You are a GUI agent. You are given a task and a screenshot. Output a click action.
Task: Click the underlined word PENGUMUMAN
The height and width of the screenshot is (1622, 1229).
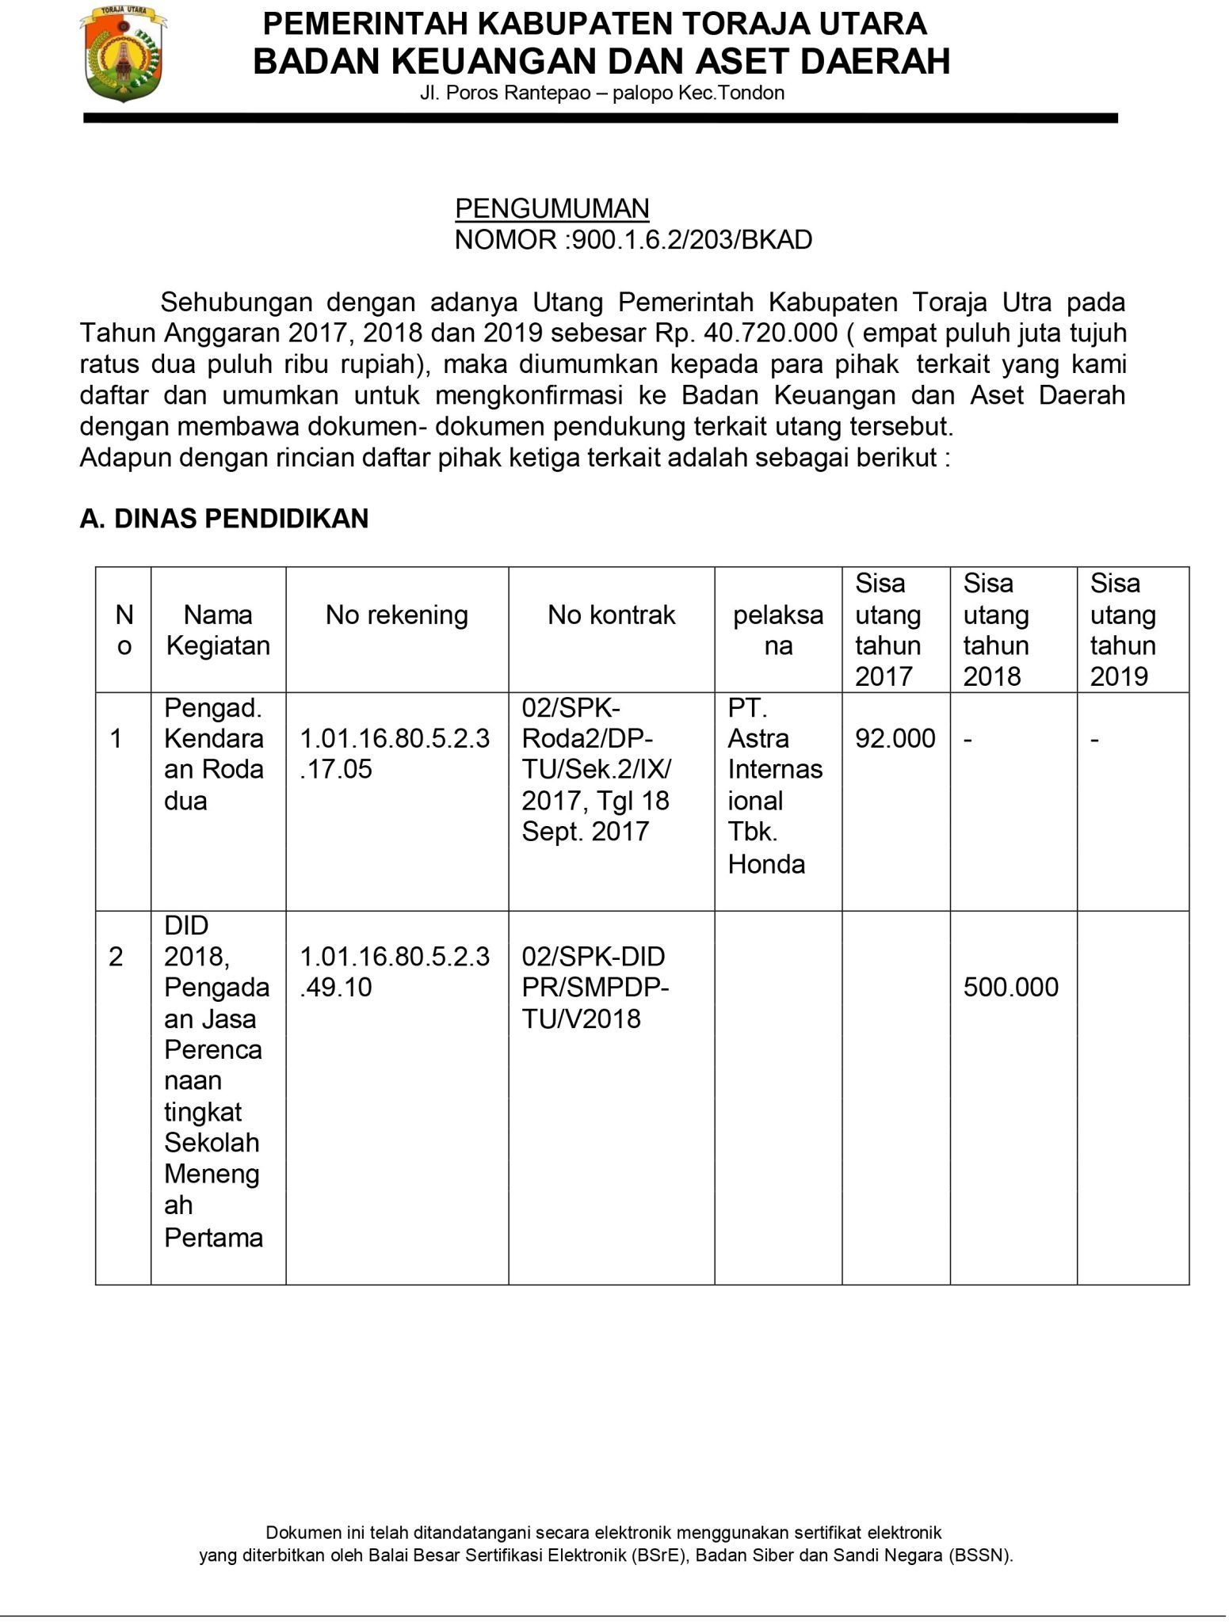pos(552,208)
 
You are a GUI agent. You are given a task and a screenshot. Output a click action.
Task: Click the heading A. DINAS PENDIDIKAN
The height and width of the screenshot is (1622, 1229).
pos(224,519)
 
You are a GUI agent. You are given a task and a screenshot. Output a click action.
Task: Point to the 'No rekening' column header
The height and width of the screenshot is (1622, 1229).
pos(396,615)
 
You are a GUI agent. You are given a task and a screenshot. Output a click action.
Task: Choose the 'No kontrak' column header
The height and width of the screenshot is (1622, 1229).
pos(611,615)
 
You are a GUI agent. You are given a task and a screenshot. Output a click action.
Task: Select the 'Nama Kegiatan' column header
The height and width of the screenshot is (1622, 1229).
pos(218,630)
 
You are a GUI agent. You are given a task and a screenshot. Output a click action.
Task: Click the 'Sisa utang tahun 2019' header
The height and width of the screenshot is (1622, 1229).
pos(1123,630)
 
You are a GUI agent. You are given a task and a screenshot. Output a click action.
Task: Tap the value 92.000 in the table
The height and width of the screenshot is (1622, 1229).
pos(895,739)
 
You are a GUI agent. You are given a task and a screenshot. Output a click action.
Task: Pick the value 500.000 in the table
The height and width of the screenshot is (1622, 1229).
pos(1010,988)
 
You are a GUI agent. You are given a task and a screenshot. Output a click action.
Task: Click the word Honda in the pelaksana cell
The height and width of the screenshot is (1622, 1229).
pos(766,864)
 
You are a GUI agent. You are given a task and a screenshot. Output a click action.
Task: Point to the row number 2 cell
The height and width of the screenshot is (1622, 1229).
pos(116,957)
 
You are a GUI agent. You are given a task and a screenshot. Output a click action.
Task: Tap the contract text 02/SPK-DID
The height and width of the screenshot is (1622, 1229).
pos(594,957)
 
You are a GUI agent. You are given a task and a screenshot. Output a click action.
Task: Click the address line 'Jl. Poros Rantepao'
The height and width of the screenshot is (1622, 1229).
pos(602,93)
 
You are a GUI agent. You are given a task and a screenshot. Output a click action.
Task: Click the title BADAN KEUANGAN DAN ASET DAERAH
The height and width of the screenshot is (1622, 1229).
pos(601,61)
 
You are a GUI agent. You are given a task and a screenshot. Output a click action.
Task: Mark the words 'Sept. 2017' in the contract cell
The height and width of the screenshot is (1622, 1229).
pos(586,832)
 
